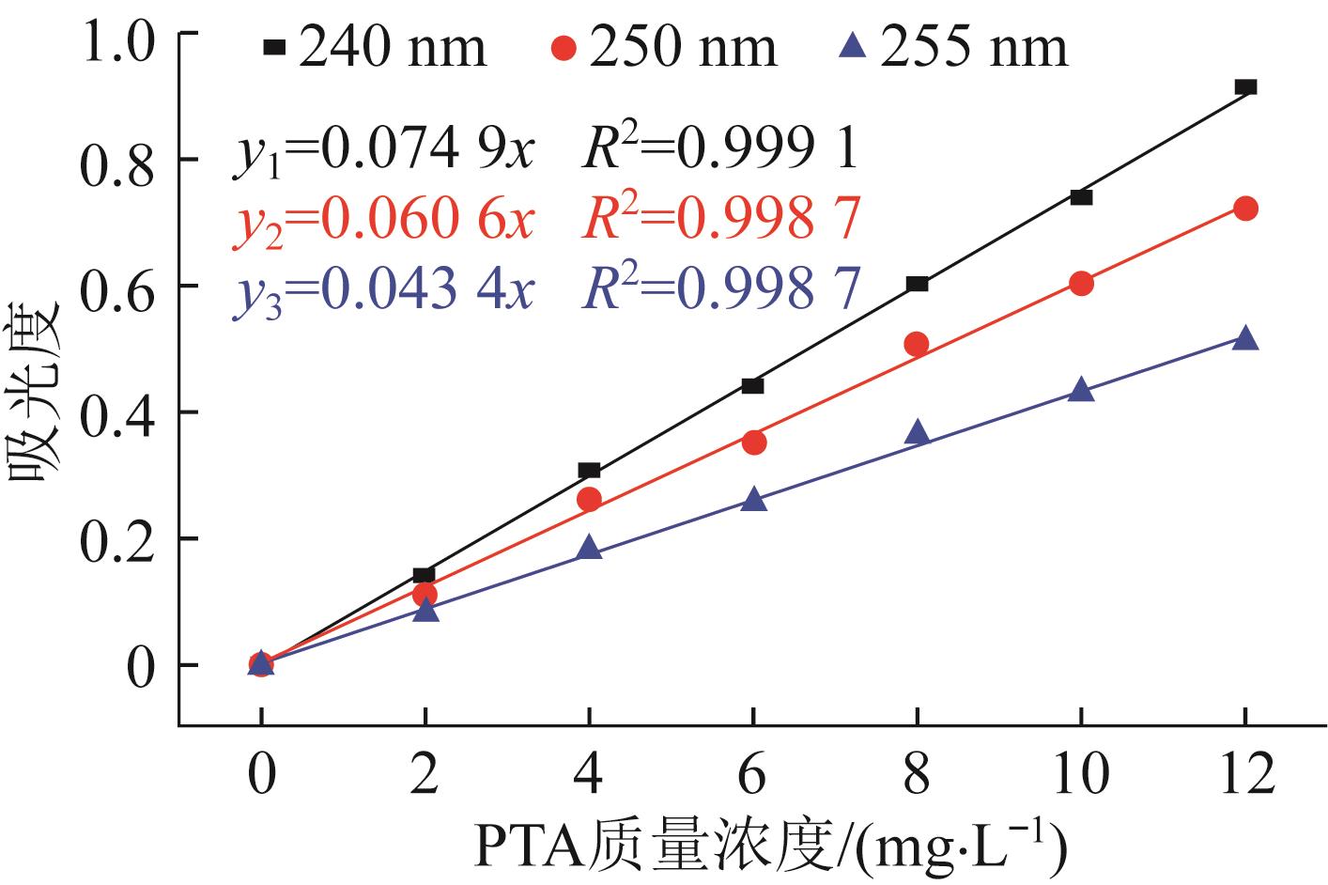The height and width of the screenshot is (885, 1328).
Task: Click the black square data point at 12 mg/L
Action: (1245, 87)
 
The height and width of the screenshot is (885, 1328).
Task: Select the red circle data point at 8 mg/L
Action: (917, 345)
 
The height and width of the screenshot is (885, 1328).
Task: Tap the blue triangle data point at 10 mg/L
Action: (1081, 390)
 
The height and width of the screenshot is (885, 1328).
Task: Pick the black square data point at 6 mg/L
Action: (752, 386)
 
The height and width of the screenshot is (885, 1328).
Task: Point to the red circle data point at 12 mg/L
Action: (1245, 209)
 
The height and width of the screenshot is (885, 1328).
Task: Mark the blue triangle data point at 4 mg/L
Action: (589, 548)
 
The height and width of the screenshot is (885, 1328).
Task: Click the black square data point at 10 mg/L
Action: (1081, 197)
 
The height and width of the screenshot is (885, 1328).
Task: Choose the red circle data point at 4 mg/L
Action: (589, 500)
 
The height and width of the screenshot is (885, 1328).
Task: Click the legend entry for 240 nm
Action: (376, 47)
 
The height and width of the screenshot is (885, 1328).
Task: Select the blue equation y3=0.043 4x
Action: (383, 291)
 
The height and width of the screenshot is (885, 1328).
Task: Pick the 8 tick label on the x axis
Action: (917, 775)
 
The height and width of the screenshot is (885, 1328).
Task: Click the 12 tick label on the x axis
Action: (1244, 775)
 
